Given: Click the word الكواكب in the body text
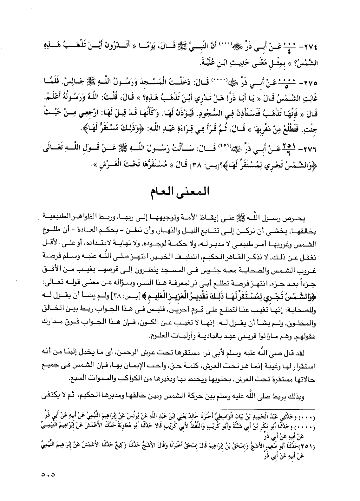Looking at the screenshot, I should (x=118, y=379).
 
